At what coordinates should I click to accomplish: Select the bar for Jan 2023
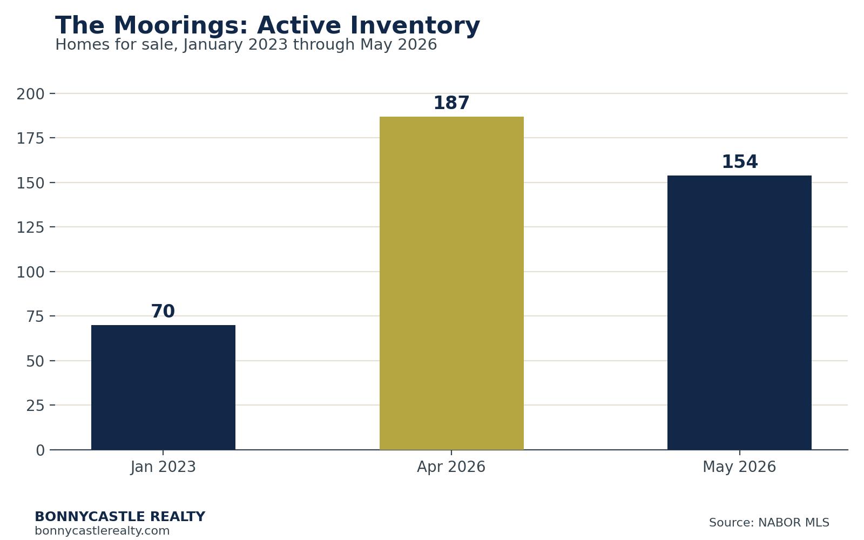[163, 387]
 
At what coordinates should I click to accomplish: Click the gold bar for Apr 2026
[451, 283]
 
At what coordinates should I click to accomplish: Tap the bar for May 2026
[739, 313]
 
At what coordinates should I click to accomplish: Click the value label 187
[451, 103]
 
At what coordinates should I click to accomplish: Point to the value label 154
[739, 161]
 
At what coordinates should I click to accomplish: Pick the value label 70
[163, 311]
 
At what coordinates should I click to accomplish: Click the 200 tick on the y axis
[30, 94]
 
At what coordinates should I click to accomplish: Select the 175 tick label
[30, 138]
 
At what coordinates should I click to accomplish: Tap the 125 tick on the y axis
[30, 227]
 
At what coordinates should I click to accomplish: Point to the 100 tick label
[30, 272]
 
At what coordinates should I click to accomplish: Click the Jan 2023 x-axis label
[163, 467]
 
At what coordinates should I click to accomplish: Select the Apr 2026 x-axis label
[451, 467]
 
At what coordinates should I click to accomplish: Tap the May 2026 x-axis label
[739, 467]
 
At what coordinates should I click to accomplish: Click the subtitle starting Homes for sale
[246, 45]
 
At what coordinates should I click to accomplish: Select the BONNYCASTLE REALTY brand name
[120, 516]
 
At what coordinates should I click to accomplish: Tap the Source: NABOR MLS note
[769, 522]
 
